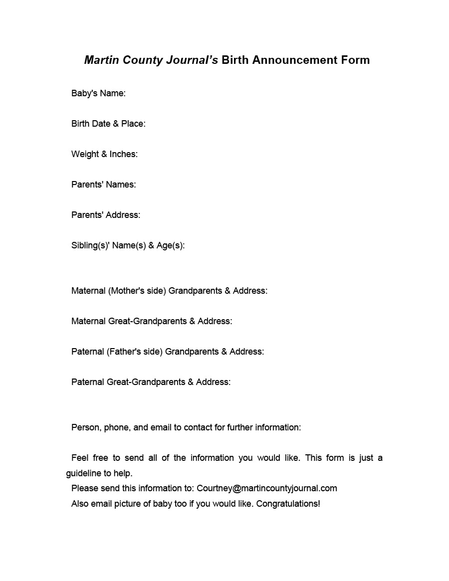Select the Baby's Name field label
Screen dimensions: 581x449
98,93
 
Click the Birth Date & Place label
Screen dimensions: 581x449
108,124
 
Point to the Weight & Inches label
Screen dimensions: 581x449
104,154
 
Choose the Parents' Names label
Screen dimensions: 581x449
103,185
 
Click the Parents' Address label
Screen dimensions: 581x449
106,215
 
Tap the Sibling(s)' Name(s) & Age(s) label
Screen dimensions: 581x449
128,245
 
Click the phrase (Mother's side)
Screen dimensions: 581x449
137,291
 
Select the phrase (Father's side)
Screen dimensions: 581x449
134,352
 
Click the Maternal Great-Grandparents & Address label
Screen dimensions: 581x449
152,321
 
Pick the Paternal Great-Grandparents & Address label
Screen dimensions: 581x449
151,382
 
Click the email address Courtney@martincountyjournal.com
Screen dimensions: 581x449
267,488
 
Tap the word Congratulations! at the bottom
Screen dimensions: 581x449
288,504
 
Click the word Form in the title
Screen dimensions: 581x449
356,60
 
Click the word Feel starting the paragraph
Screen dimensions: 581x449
80,458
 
